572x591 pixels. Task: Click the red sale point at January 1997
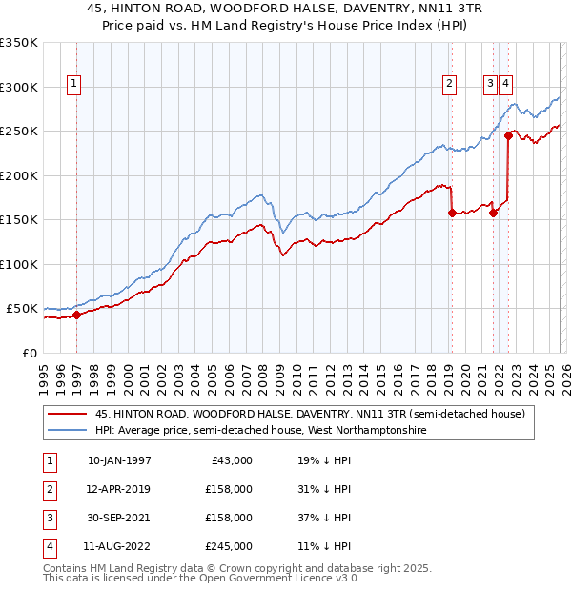(x=76, y=316)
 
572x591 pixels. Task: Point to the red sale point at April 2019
(x=451, y=214)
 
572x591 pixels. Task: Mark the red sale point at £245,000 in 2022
(x=508, y=136)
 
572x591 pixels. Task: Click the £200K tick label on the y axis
(x=19, y=175)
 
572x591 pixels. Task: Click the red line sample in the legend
(x=67, y=414)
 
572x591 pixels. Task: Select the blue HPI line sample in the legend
(x=67, y=431)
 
